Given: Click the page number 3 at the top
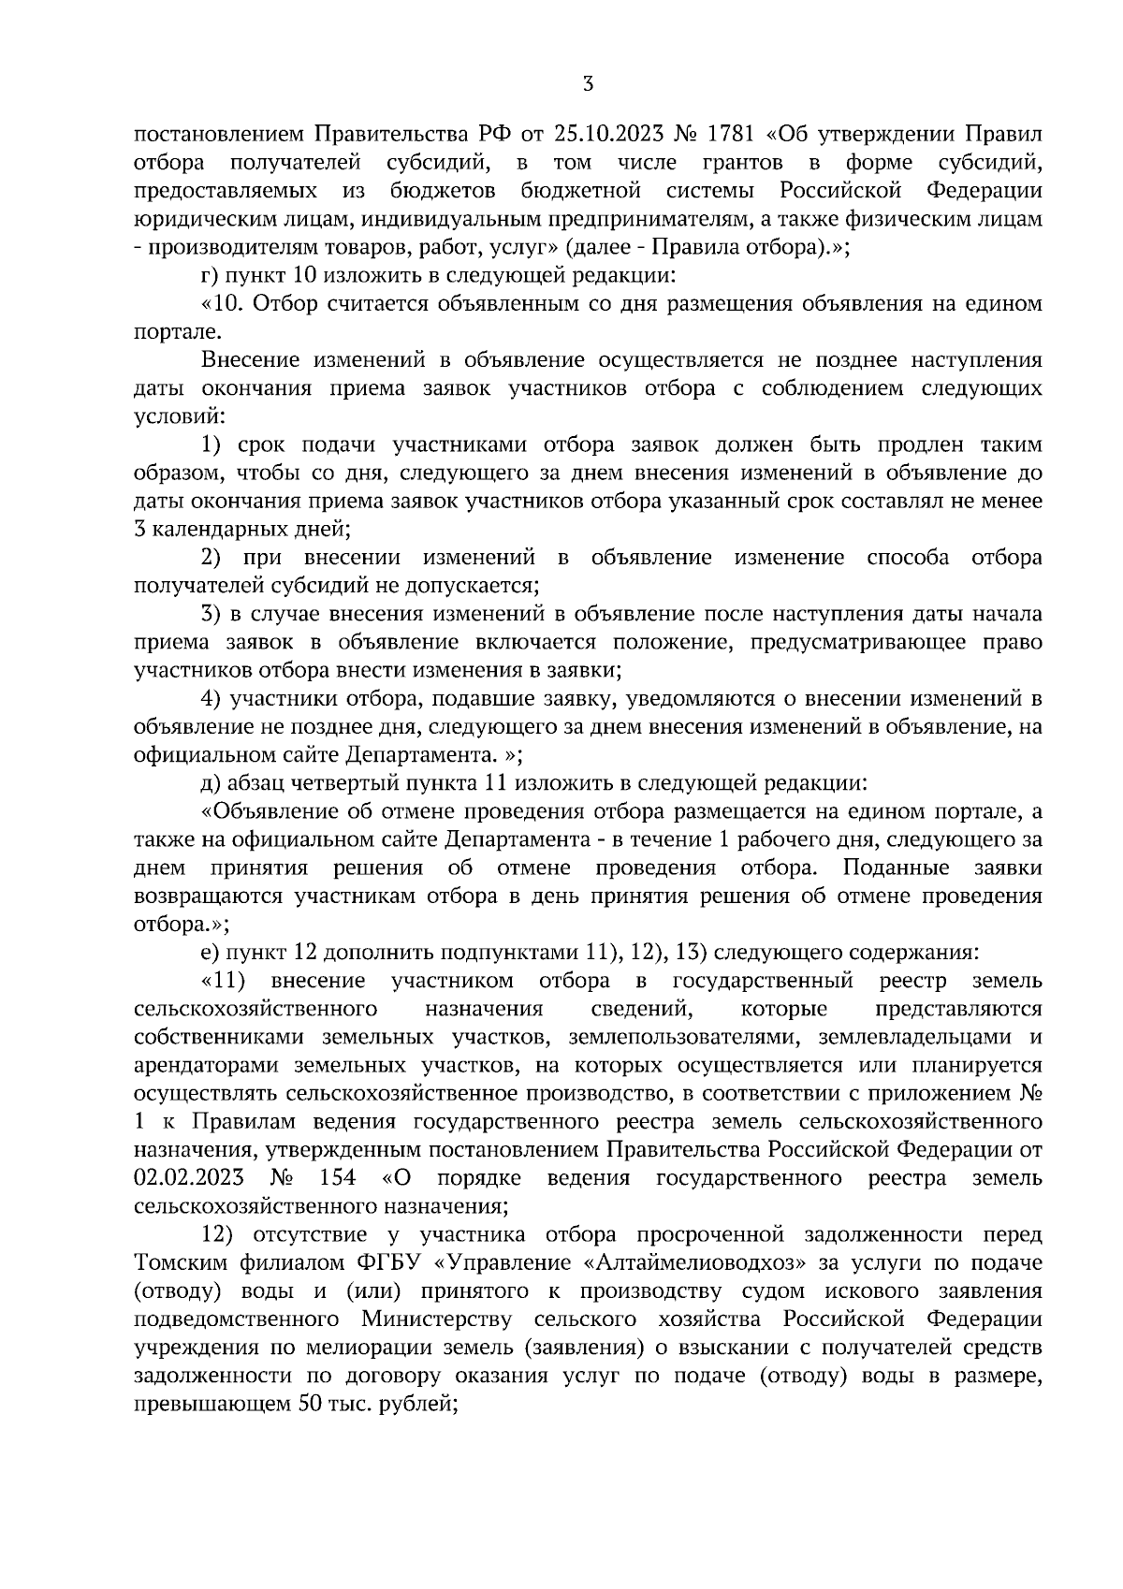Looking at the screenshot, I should [x=588, y=84].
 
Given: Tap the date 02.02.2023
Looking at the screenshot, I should [x=190, y=1177].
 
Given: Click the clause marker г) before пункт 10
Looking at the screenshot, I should [x=211, y=276].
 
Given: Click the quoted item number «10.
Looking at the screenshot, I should [x=223, y=304].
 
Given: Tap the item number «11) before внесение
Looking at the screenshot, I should [x=224, y=980].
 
